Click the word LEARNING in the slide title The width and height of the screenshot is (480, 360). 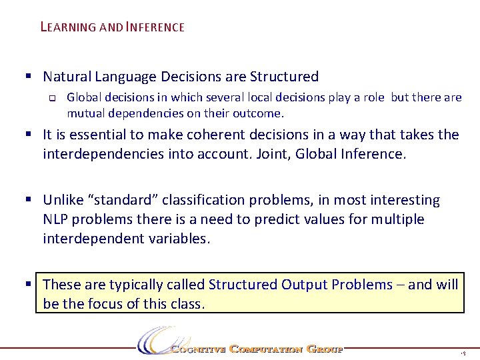68,27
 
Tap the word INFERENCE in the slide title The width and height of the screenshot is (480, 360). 155,27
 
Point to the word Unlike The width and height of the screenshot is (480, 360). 62,200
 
